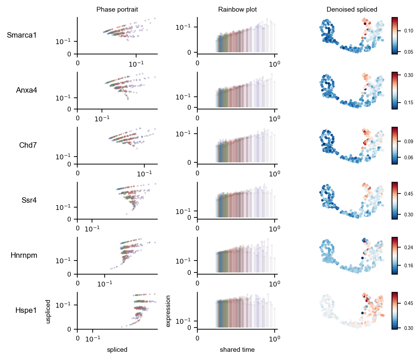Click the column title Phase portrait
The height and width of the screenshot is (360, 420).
(x=117, y=10)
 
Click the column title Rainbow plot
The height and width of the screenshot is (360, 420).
(x=237, y=10)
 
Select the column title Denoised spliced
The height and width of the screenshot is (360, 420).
(x=352, y=10)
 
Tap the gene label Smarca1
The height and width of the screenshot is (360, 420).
(x=22, y=35)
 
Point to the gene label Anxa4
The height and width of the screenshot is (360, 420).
(x=26, y=90)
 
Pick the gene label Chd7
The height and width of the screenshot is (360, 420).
(x=28, y=145)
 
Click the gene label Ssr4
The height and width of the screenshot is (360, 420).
(x=29, y=200)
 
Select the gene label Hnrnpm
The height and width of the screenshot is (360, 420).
(x=24, y=255)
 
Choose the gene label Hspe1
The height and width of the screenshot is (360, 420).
(x=26, y=310)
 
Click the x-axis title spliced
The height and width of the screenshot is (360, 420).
(x=117, y=350)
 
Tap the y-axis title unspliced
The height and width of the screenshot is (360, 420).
(x=48, y=311)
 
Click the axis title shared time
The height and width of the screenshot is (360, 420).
(x=237, y=350)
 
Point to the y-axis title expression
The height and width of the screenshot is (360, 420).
(x=168, y=311)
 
